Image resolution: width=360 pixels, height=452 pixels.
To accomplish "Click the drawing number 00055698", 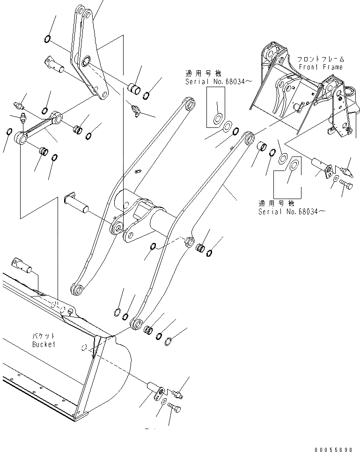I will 334,448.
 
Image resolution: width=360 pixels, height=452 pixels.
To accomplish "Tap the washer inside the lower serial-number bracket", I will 294,165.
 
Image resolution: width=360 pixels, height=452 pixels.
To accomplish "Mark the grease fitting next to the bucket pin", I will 177,393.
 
